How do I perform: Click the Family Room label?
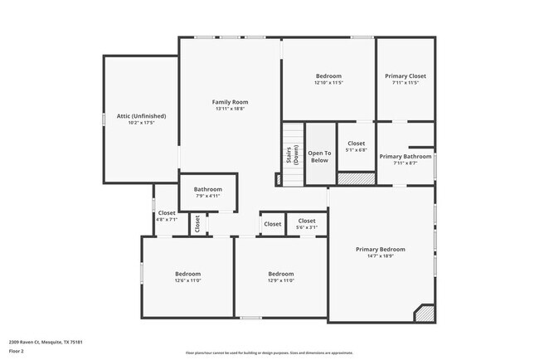click(231, 101)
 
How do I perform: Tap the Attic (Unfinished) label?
click(141, 115)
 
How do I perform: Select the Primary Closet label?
click(405, 75)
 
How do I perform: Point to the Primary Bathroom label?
click(405, 156)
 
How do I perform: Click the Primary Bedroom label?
click(381, 249)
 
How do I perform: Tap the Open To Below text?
click(320, 156)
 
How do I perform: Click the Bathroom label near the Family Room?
click(208, 188)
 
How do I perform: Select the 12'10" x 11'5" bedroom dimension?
click(328, 82)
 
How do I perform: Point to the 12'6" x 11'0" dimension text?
click(187, 280)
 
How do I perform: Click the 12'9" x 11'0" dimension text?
click(281, 280)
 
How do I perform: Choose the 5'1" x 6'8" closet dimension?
click(357, 150)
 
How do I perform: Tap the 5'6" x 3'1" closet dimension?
click(307, 226)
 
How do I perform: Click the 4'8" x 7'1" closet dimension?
click(167, 219)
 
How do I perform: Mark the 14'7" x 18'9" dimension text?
click(381, 255)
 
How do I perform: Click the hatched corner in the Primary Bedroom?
click(425, 313)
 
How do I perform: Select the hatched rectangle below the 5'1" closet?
click(357, 178)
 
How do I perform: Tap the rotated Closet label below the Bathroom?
click(197, 223)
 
